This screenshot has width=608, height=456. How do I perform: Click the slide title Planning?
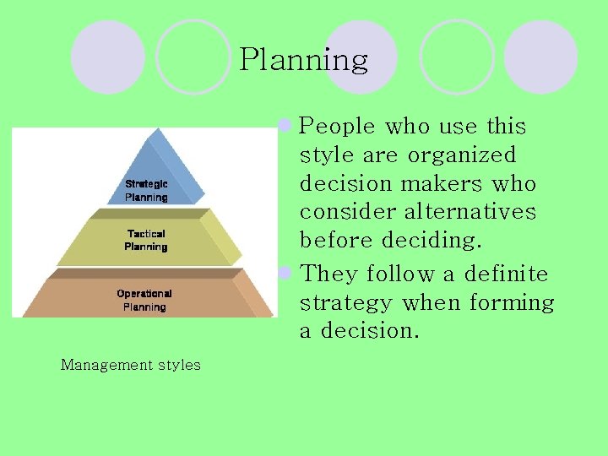(303, 60)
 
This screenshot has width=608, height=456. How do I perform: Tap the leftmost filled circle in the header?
(107, 57)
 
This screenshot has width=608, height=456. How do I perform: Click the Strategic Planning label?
(146, 190)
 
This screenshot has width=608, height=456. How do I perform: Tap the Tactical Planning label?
(146, 240)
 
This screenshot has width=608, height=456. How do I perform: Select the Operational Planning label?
(144, 300)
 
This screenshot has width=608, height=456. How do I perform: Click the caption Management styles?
(130, 365)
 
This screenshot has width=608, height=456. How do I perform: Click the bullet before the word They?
(286, 274)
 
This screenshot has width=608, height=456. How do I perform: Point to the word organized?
(461, 155)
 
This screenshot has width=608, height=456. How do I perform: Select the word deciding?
(431, 240)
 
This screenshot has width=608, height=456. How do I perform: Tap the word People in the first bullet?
(337, 127)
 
